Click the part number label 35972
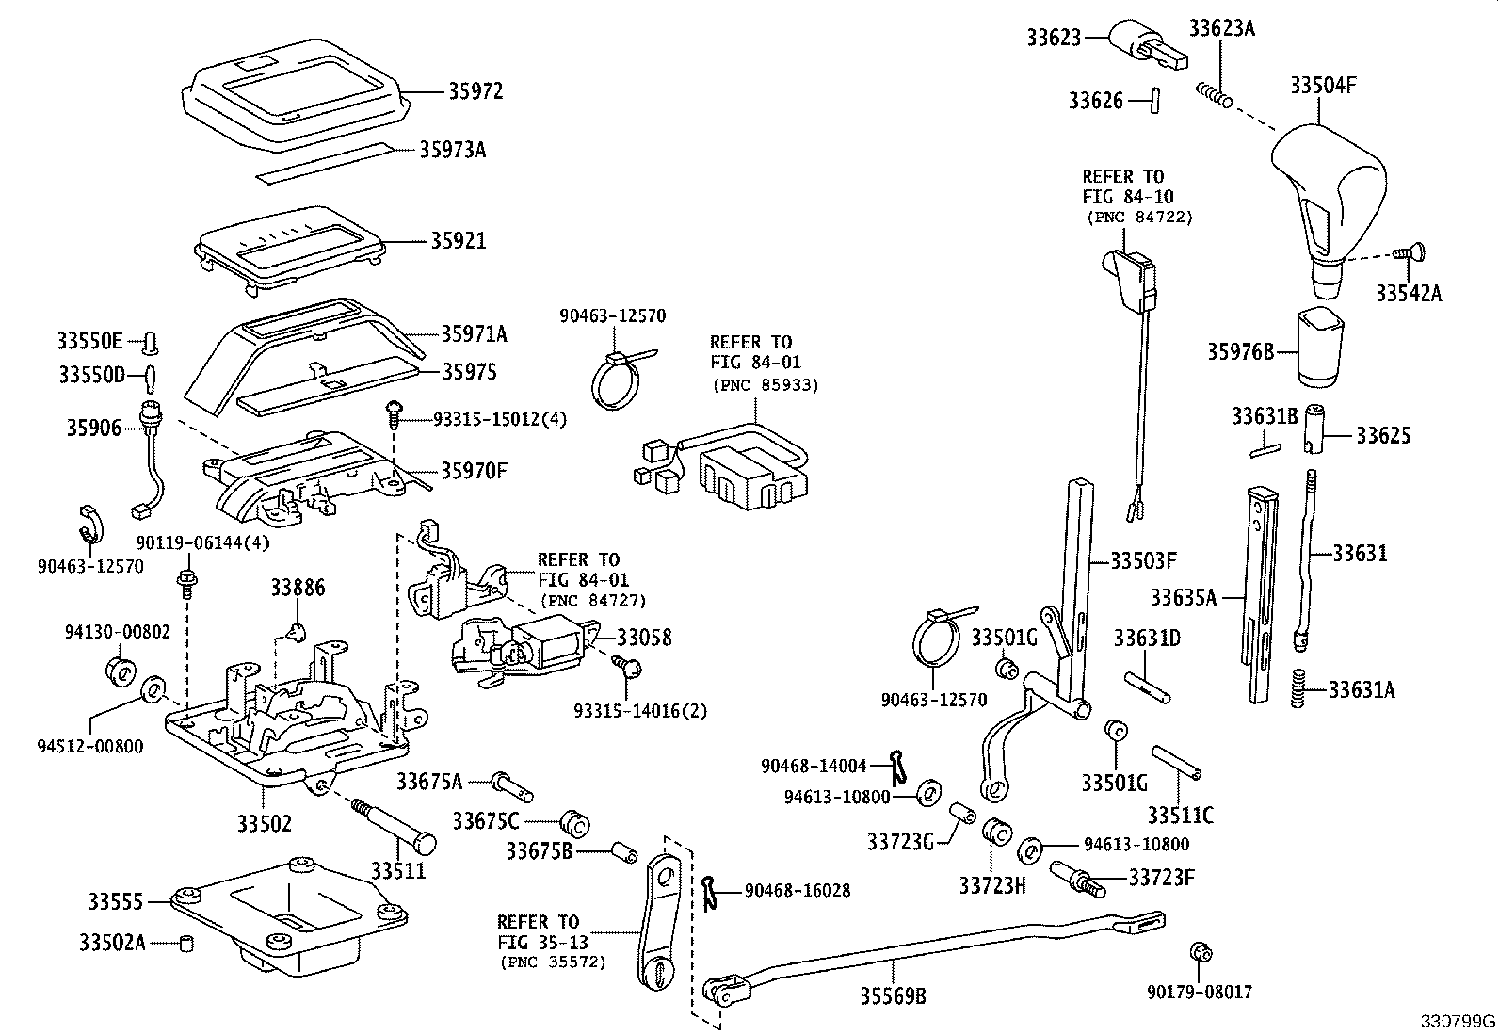tap(475, 91)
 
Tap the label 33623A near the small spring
tap(1221, 28)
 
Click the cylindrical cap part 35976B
tap(1320, 347)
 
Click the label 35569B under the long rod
tap(894, 995)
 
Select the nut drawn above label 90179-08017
tap(1200, 951)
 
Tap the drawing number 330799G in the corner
tap(1458, 1021)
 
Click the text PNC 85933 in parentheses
tap(766, 384)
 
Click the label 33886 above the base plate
tap(298, 589)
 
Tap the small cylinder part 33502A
tap(186, 944)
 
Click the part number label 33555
tap(116, 901)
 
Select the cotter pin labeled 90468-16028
tap(710, 891)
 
